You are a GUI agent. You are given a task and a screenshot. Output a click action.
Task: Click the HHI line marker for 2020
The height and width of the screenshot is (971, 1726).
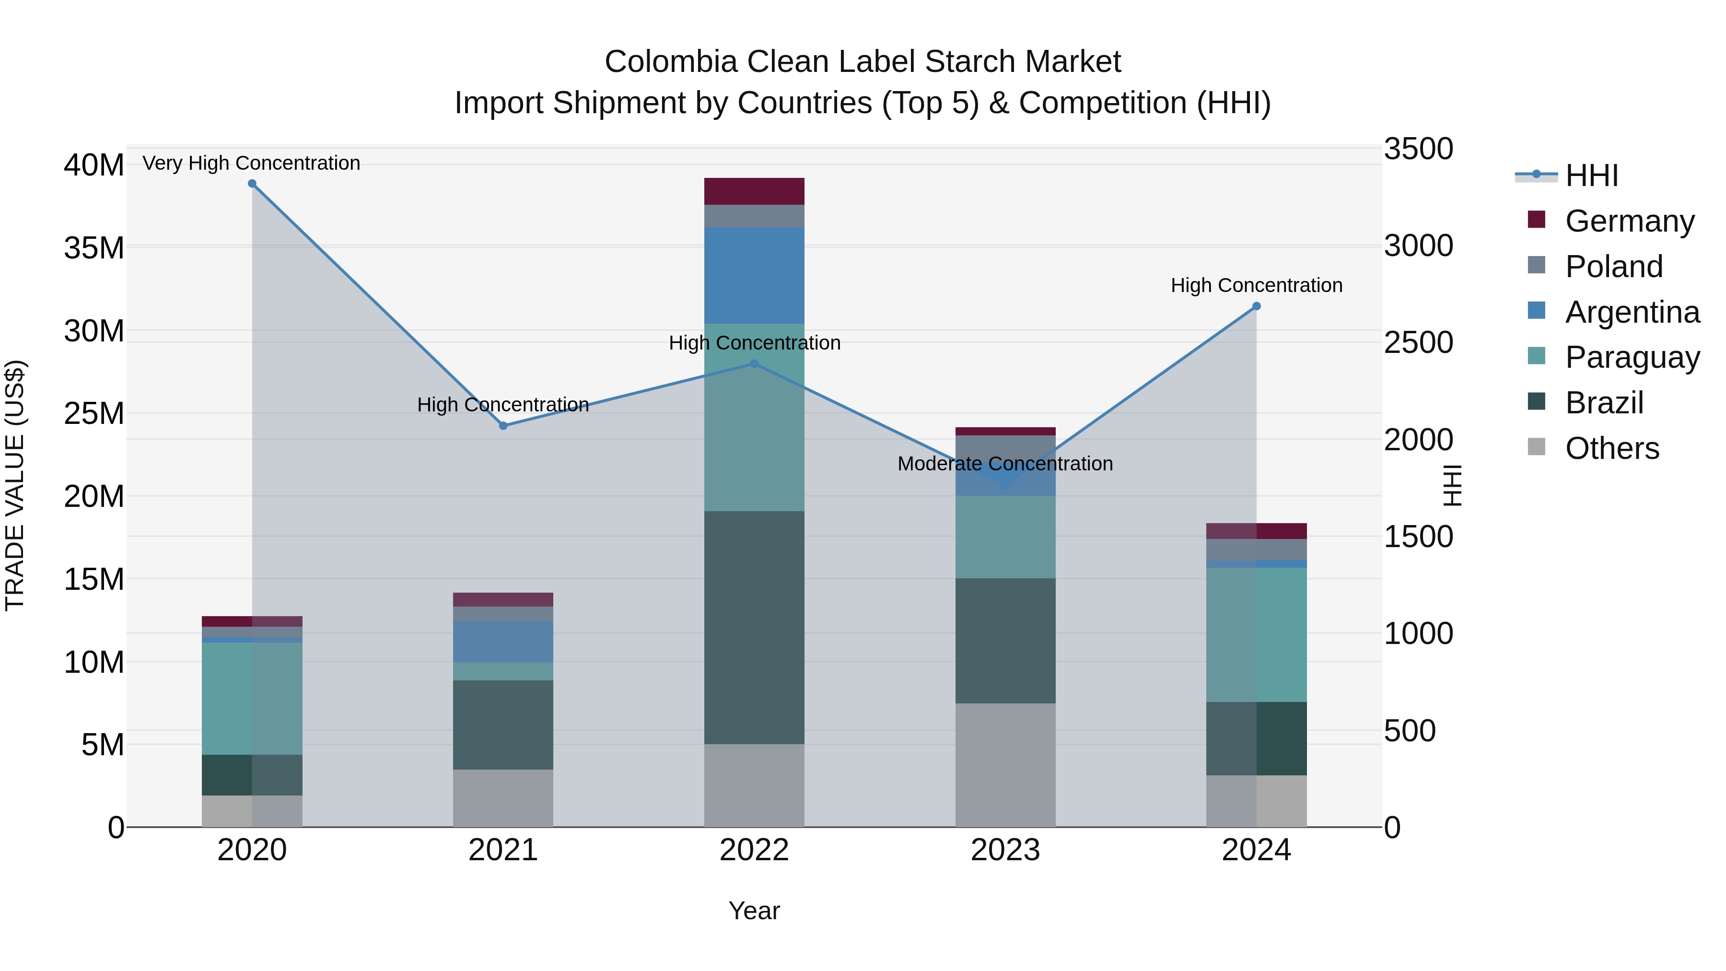pos(252,184)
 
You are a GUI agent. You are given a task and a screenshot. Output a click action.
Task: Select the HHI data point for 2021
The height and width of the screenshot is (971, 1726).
pos(503,425)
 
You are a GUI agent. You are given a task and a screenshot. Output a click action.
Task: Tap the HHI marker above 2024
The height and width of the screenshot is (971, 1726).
pos(1256,306)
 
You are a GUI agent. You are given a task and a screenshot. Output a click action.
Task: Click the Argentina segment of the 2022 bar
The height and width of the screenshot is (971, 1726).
pos(754,275)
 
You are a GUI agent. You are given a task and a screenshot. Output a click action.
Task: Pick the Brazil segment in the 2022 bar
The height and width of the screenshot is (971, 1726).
pos(754,627)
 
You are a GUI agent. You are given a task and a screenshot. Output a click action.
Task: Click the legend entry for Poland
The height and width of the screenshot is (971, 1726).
pos(1613,267)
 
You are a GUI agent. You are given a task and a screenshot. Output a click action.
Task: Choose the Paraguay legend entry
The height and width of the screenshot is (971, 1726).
pos(1632,357)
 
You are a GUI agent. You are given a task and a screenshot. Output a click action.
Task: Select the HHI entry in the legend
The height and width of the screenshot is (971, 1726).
pos(1591,175)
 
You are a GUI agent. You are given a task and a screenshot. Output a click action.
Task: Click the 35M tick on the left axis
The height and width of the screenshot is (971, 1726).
pos(94,248)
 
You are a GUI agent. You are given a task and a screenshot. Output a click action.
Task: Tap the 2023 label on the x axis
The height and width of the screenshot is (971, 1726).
pos(1005,850)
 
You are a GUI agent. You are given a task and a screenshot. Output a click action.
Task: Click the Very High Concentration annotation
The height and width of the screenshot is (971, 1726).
pos(251,163)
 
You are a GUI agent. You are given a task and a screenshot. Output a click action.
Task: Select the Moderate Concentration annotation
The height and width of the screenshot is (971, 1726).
pos(1005,464)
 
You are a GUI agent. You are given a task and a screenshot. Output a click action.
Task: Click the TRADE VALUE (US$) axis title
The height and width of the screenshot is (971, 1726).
pos(15,485)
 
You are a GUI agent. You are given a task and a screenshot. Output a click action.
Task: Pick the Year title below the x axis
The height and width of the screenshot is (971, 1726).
pos(754,911)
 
